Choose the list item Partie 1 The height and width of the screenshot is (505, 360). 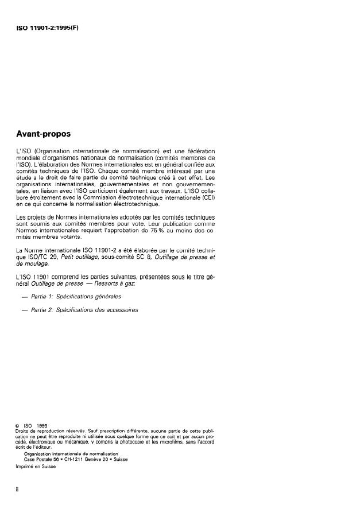(x=76, y=297)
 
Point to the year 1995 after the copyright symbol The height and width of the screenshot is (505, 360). (x=40, y=425)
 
